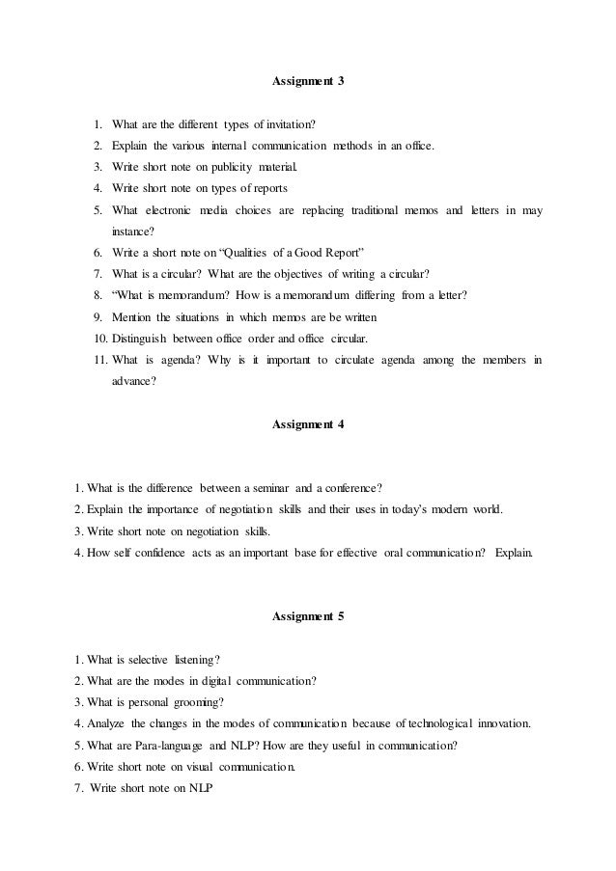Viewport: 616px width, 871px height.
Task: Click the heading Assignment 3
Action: tap(308, 82)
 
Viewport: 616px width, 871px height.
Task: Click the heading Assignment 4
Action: tap(308, 424)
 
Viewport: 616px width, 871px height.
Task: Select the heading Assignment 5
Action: tap(308, 616)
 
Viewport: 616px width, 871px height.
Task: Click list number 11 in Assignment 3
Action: tap(101, 360)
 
